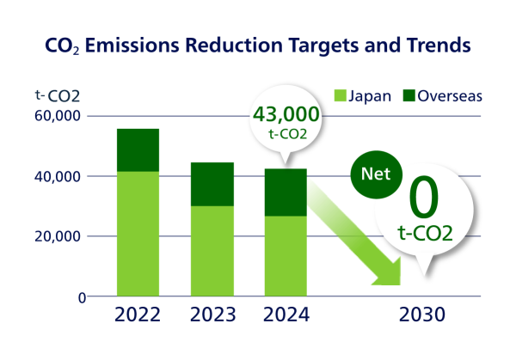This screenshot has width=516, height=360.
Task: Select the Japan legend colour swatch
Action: click(340, 95)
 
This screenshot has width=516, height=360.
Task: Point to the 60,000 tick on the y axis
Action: click(56, 116)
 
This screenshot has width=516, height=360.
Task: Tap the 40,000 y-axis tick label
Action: click(56, 176)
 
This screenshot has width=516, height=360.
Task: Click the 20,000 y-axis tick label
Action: click(56, 236)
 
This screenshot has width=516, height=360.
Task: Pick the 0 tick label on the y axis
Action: click(83, 297)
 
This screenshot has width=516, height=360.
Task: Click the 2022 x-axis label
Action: click(137, 315)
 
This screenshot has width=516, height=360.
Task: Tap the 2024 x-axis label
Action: click(285, 315)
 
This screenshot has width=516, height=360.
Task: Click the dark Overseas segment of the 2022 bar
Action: click(137, 149)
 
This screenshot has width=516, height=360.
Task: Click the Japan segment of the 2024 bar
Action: click(285, 256)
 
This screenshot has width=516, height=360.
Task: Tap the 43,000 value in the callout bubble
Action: click(286, 114)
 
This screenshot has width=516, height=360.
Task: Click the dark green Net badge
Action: click(376, 173)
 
